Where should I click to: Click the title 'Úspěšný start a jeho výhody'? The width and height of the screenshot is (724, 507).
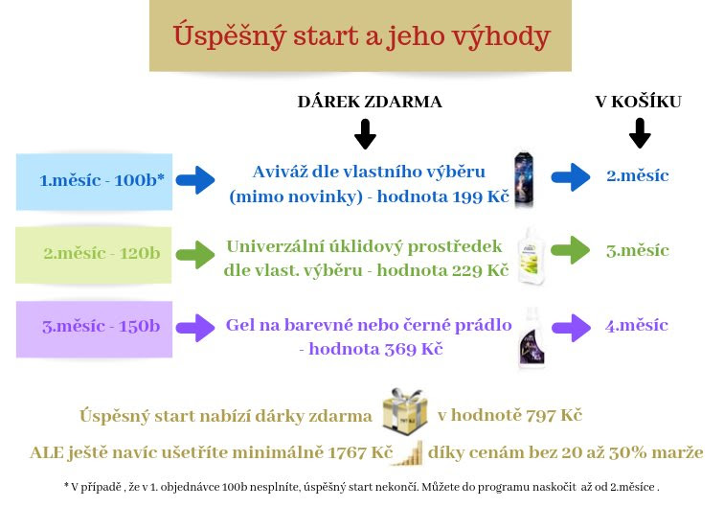(362, 36)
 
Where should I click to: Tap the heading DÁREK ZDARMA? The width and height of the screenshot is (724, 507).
(370, 102)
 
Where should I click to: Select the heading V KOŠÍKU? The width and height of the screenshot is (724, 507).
(638, 102)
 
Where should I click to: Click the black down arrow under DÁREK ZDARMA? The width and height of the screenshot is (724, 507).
(365, 134)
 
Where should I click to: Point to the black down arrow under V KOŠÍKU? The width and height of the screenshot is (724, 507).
(640, 133)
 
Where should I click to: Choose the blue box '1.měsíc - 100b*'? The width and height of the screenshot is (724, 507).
(94, 182)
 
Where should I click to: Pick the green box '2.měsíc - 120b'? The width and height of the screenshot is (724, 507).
(94, 255)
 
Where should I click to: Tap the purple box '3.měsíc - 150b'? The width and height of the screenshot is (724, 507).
(94, 329)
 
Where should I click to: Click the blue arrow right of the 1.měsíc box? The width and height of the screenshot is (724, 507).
(195, 180)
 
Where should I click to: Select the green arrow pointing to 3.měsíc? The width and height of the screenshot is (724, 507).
(571, 250)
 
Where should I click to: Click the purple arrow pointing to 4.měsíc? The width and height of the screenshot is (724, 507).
(571, 328)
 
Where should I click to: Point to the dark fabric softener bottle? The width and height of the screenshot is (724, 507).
(524, 180)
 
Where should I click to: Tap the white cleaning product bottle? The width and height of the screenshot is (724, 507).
(531, 255)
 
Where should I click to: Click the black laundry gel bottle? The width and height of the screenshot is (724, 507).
(532, 337)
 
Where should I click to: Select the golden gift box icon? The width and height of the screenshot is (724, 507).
(405, 410)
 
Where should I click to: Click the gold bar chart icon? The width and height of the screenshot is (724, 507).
(410, 453)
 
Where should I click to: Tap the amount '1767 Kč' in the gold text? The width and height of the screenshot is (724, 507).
(360, 452)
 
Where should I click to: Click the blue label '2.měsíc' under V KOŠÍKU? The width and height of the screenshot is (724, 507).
(638, 176)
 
